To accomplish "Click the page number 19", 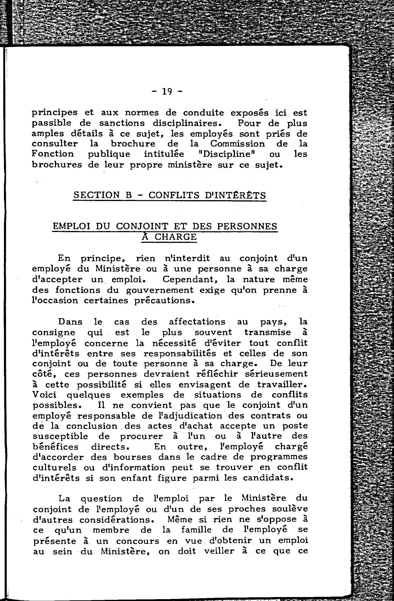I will (167, 91).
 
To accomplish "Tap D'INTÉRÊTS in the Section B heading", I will (236, 195).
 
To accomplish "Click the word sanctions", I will (122, 123).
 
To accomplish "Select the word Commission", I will (237, 144).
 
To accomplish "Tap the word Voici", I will (45, 395).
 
